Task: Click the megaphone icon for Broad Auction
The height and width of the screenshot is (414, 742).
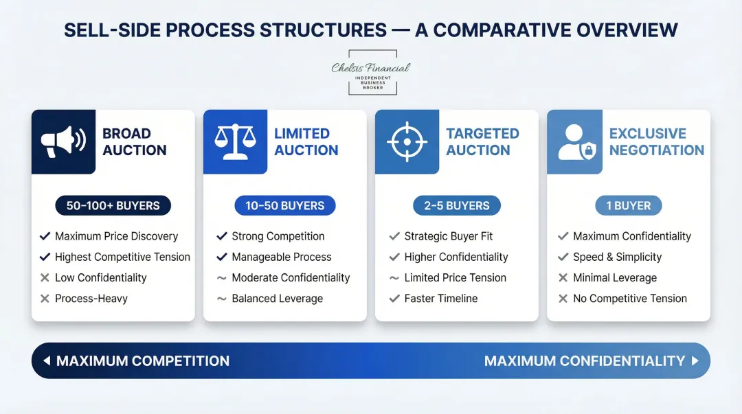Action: (63, 141)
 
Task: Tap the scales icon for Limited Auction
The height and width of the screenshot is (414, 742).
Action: (235, 141)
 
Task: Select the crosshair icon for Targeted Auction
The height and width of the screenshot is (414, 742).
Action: (407, 141)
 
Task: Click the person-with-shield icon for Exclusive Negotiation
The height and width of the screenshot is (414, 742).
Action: (578, 141)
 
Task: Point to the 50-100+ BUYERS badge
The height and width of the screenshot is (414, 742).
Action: (113, 205)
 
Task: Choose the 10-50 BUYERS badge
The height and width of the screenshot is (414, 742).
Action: (285, 205)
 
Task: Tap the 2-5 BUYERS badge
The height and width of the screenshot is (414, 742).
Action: (457, 205)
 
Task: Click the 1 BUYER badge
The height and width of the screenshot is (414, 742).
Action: (628, 205)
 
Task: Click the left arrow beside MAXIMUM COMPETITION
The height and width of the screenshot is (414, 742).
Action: (47, 361)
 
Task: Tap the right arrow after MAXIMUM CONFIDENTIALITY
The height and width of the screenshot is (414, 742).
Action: (695, 361)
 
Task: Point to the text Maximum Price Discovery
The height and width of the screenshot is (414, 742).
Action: (116, 236)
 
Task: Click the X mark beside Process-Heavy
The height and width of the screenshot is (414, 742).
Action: (45, 299)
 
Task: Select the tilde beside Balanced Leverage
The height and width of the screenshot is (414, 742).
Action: (222, 299)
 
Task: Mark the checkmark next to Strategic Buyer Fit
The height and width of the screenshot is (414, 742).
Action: (394, 236)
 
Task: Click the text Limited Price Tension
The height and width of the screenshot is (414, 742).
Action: (455, 278)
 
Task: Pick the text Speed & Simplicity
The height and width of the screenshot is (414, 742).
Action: (617, 257)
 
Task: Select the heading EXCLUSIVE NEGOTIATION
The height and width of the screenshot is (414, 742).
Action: (656, 141)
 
